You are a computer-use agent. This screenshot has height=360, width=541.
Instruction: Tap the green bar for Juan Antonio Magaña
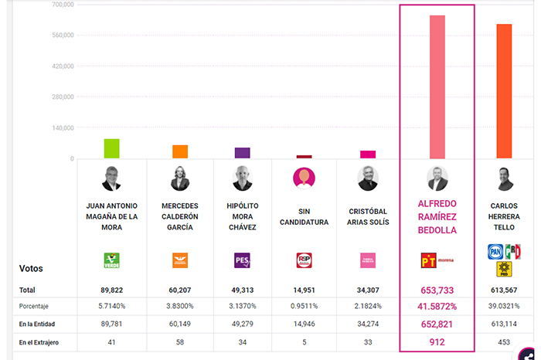[x=112, y=149]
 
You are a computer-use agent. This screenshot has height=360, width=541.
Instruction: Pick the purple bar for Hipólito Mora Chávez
[x=242, y=153]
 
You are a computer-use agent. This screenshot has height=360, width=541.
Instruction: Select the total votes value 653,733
[x=437, y=290]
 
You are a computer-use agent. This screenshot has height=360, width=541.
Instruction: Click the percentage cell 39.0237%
[x=504, y=306]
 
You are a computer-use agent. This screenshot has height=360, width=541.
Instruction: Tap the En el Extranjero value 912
[x=437, y=341]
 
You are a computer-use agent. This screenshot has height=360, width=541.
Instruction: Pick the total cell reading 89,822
[x=112, y=290]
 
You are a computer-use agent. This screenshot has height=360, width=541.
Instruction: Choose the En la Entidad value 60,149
[x=180, y=323]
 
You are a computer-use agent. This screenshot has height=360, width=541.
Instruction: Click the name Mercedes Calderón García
[x=180, y=216]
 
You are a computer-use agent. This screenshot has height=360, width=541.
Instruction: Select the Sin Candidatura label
[x=303, y=216]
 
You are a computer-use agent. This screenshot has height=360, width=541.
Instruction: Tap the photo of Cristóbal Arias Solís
[x=368, y=178]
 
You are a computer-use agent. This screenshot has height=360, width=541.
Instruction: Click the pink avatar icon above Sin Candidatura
[x=304, y=178]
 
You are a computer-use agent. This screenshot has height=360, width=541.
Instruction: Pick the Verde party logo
[x=112, y=260]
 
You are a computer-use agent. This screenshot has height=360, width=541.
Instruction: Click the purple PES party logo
[x=242, y=260]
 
